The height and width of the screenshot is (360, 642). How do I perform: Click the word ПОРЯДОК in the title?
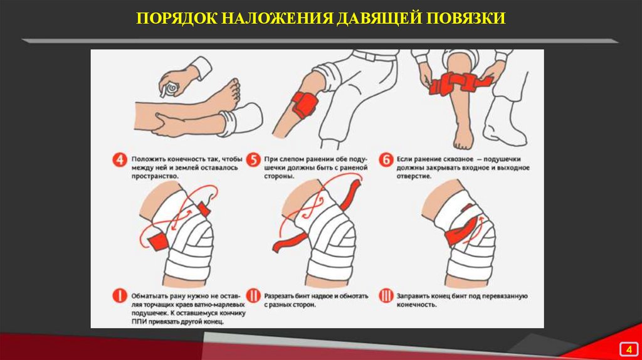pos(176,18)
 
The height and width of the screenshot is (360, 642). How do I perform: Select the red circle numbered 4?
pos(120,160)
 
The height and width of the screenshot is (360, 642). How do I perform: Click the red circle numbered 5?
pos(253,160)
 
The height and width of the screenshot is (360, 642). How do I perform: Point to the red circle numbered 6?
pos(386,160)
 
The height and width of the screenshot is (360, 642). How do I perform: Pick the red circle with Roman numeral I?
pos(120,295)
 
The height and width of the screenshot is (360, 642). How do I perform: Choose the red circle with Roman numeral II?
pos(253,295)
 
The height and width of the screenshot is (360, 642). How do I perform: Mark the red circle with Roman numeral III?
pos(386,295)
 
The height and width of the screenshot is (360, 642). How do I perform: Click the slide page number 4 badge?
pos(628,349)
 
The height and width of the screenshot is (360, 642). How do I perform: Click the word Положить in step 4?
pos(147,159)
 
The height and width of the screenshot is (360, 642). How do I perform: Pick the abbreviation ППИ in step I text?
pos(138,322)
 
